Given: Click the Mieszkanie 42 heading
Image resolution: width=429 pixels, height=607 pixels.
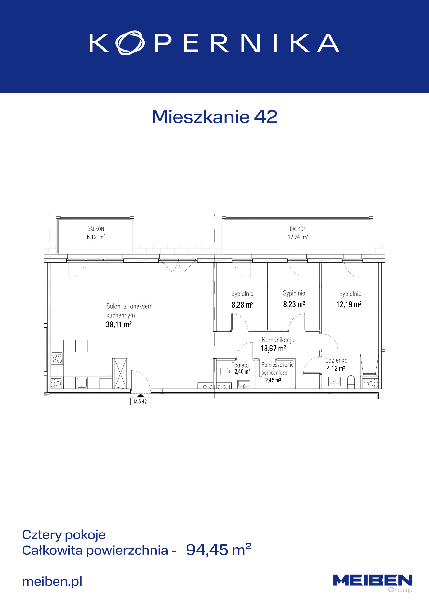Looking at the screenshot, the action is pyautogui.click(x=215, y=117).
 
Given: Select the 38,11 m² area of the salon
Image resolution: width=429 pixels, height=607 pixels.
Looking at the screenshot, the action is pyautogui.click(x=119, y=324).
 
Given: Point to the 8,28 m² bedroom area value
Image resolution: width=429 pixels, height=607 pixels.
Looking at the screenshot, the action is pyautogui.click(x=242, y=305).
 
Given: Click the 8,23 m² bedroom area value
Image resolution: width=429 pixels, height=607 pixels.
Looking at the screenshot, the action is pyautogui.click(x=294, y=304).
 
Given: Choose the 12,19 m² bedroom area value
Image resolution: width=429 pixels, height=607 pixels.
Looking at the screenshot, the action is pyautogui.click(x=349, y=304).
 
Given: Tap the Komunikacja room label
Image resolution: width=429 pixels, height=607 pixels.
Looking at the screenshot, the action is pyautogui.click(x=278, y=340).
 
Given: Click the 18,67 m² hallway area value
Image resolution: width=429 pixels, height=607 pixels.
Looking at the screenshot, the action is pyautogui.click(x=273, y=349).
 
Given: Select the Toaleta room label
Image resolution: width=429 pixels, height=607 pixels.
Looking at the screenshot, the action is pyautogui.click(x=240, y=365).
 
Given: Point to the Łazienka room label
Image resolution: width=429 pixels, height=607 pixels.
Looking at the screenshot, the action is pyautogui.click(x=336, y=360).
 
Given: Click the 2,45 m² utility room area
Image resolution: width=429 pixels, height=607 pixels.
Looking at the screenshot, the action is pyautogui.click(x=273, y=380).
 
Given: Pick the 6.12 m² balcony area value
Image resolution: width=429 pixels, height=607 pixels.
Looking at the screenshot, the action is pyautogui.click(x=96, y=237).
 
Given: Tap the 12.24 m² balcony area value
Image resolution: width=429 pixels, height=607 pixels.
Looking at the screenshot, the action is pyautogui.click(x=298, y=237).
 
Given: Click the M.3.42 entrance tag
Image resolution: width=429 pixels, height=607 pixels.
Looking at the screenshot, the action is pyautogui.click(x=140, y=402).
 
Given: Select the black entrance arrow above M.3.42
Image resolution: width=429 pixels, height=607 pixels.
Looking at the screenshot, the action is pyautogui.click(x=140, y=395).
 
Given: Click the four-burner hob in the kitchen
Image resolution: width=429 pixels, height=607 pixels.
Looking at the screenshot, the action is pyautogui.click(x=57, y=358).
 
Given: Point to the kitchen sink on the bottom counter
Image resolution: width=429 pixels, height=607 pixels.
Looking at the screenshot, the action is pyautogui.click(x=81, y=382).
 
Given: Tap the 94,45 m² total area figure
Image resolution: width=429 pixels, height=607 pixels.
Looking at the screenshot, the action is pyautogui.click(x=219, y=550).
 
